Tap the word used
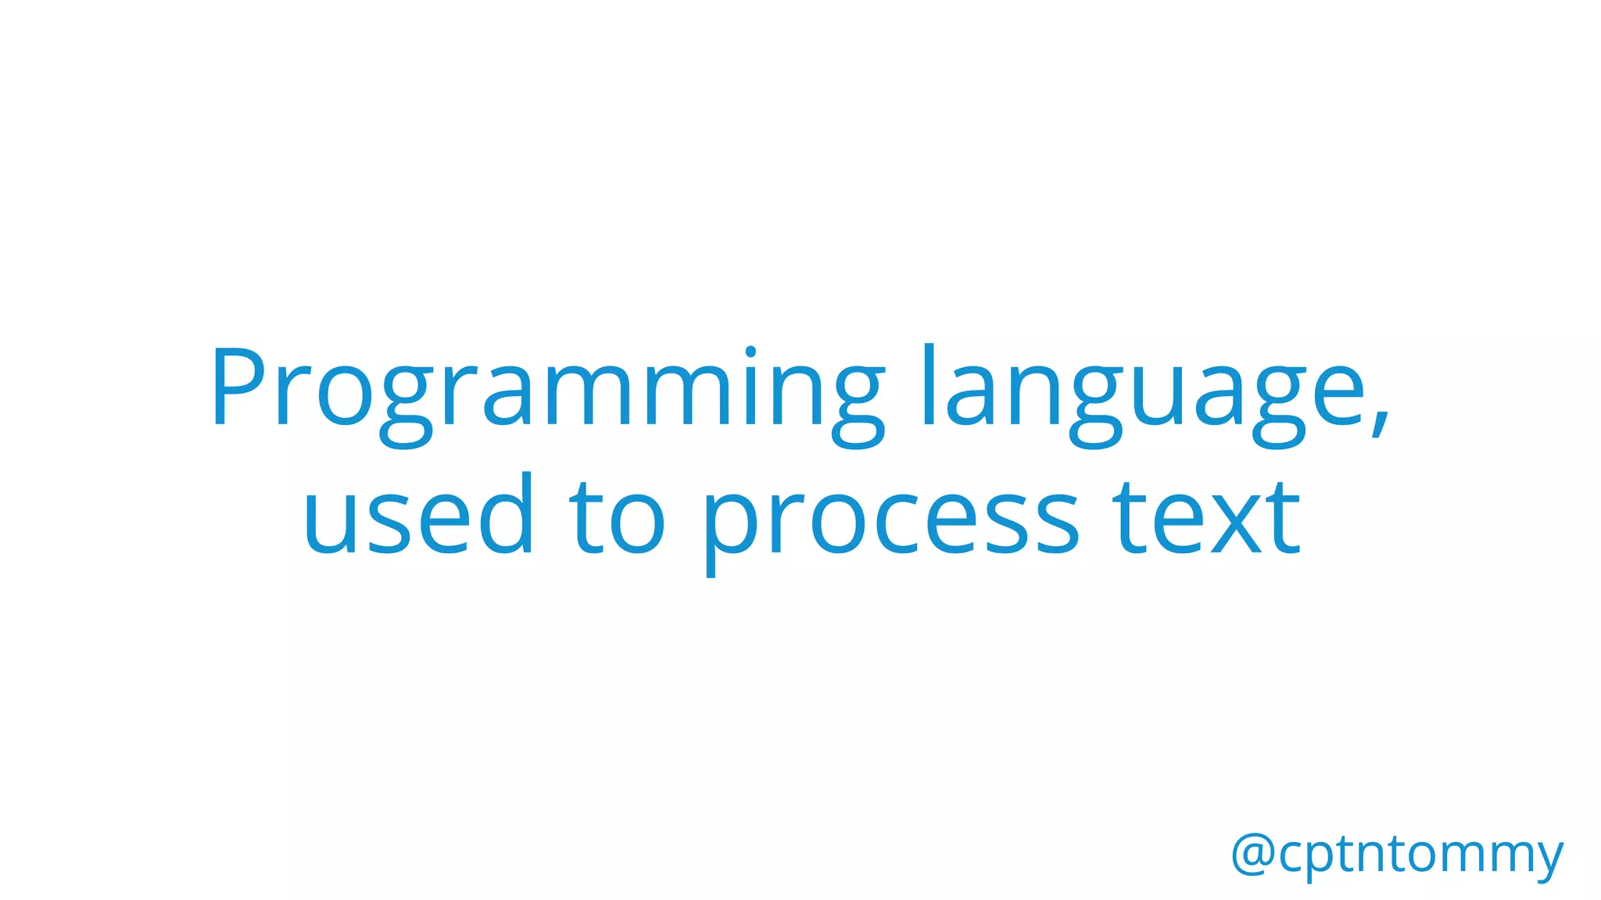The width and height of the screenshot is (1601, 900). coord(418,516)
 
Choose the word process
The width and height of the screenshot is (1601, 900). coord(891,520)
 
